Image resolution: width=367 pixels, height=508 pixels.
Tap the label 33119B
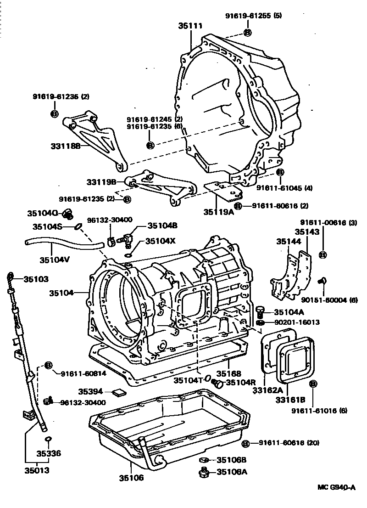click(101, 182)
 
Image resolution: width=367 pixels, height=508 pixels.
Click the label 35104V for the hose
click(54, 260)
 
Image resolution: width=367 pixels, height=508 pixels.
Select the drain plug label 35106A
click(232, 471)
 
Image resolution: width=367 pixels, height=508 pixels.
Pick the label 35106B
click(232, 460)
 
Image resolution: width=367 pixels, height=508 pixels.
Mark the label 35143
click(307, 232)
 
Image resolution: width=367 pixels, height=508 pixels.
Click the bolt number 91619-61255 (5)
click(253, 16)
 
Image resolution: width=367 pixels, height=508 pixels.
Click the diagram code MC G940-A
click(336, 488)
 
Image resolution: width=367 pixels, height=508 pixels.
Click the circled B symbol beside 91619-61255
click(247, 32)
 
